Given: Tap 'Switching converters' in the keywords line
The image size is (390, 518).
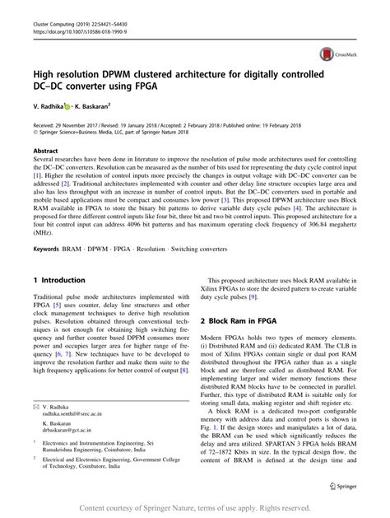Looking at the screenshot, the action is coord(227,225).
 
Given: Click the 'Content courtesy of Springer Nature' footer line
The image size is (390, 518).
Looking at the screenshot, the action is coord(195,508).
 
